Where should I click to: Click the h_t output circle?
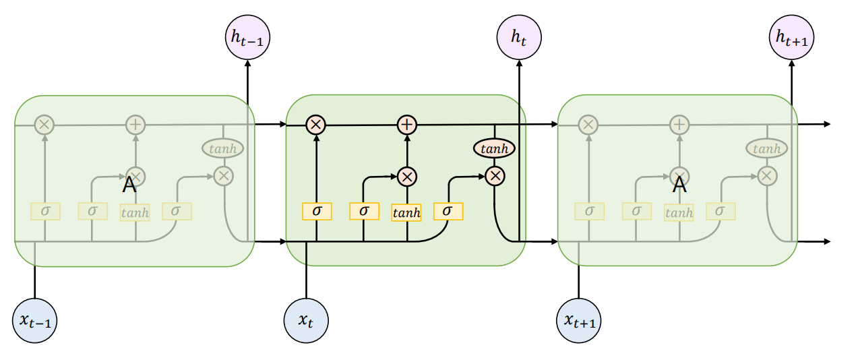pos(519,37)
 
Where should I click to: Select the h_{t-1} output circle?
pos(247,37)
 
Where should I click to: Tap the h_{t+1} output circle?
pos(792,37)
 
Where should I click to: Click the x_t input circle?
pos(306,320)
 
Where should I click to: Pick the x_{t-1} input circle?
pos(34,320)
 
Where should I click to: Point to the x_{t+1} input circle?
pos(578,320)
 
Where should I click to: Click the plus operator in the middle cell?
pos(407,125)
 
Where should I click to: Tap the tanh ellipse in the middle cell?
pos(494,148)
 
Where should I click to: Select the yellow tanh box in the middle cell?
pos(406,212)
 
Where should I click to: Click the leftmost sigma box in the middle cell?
pos(317,211)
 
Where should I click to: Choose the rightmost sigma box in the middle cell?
pos(448,211)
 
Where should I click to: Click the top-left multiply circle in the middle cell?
pos(315,125)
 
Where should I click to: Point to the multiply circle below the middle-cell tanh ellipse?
pos(495,177)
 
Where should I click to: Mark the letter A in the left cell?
pos(129,185)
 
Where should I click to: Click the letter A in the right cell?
pos(679,185)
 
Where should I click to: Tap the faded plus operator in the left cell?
pos(135,125)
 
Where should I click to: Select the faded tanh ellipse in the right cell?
pos(767,148)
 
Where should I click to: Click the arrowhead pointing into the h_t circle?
pos(519,63)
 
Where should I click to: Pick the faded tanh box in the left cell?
pos(135,212)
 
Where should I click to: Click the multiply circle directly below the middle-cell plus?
pos(407,177)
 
